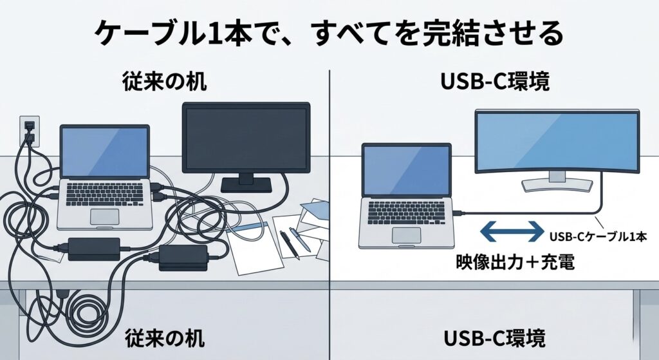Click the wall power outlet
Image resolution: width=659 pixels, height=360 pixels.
tap(29, 129)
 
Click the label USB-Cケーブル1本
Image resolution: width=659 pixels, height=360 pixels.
tap(598, 236)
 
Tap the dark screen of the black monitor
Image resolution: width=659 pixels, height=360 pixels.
tap(246, 136)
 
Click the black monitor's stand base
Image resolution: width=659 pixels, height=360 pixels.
tap(245, 185)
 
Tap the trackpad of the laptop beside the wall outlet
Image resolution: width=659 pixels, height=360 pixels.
tap(104, 216)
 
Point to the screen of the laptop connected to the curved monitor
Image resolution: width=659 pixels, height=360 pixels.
tap(406, 171)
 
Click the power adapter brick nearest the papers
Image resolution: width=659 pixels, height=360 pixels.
tap(183, 257)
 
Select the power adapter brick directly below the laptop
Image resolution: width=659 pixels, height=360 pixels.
tap(93, 247)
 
